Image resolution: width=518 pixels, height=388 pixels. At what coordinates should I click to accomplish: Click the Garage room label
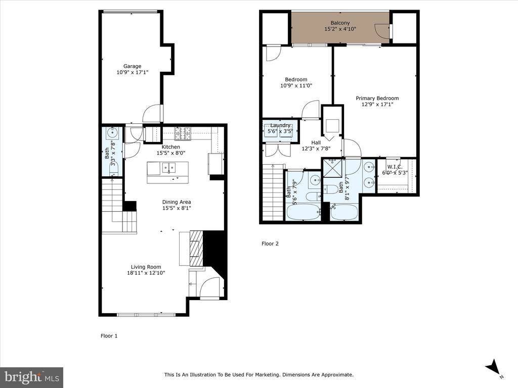coord(133,66)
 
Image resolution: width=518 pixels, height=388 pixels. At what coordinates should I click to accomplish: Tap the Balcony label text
coord(340,23)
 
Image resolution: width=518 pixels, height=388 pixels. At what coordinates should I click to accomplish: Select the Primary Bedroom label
coord(377,99)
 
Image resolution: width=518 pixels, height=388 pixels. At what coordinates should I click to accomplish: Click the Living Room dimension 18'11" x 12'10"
coord(146,273)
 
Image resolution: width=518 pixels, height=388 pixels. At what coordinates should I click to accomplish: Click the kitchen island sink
coord(168,168)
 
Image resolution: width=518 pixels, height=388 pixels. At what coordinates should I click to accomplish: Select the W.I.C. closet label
coord(395,166)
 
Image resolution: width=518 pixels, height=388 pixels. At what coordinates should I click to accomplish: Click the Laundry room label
coord(280,125)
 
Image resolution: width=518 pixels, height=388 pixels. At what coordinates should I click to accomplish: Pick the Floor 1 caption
coord(109,335)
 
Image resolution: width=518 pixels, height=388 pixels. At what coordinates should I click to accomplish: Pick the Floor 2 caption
coord(270,244)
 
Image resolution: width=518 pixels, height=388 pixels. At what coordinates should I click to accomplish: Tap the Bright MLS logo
coord(31,377)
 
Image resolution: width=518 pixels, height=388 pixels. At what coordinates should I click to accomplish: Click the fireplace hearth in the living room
coord(196,248)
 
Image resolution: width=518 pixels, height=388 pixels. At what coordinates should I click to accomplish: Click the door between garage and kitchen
coord(152,114)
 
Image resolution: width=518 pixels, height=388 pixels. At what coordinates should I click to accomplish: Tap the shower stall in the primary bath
coord(332,167)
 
